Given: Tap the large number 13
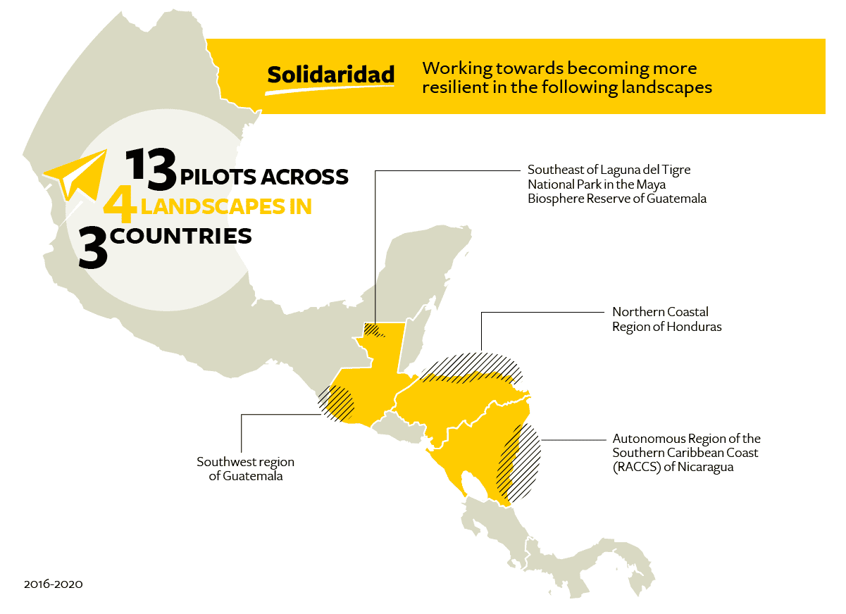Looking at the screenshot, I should [x=151, y=170].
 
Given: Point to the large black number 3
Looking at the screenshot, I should [x=93, y=248].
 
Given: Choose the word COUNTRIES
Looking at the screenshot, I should [x=181, y=237].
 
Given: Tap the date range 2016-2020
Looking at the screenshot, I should [x=53, y=584].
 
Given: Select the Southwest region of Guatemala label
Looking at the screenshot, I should [x=245, y=469].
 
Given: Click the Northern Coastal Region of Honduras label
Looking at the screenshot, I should [x=666, y=319].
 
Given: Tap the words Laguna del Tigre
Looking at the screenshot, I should [x=648, y=170].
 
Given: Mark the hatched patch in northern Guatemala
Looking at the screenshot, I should [x=373, y=330].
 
